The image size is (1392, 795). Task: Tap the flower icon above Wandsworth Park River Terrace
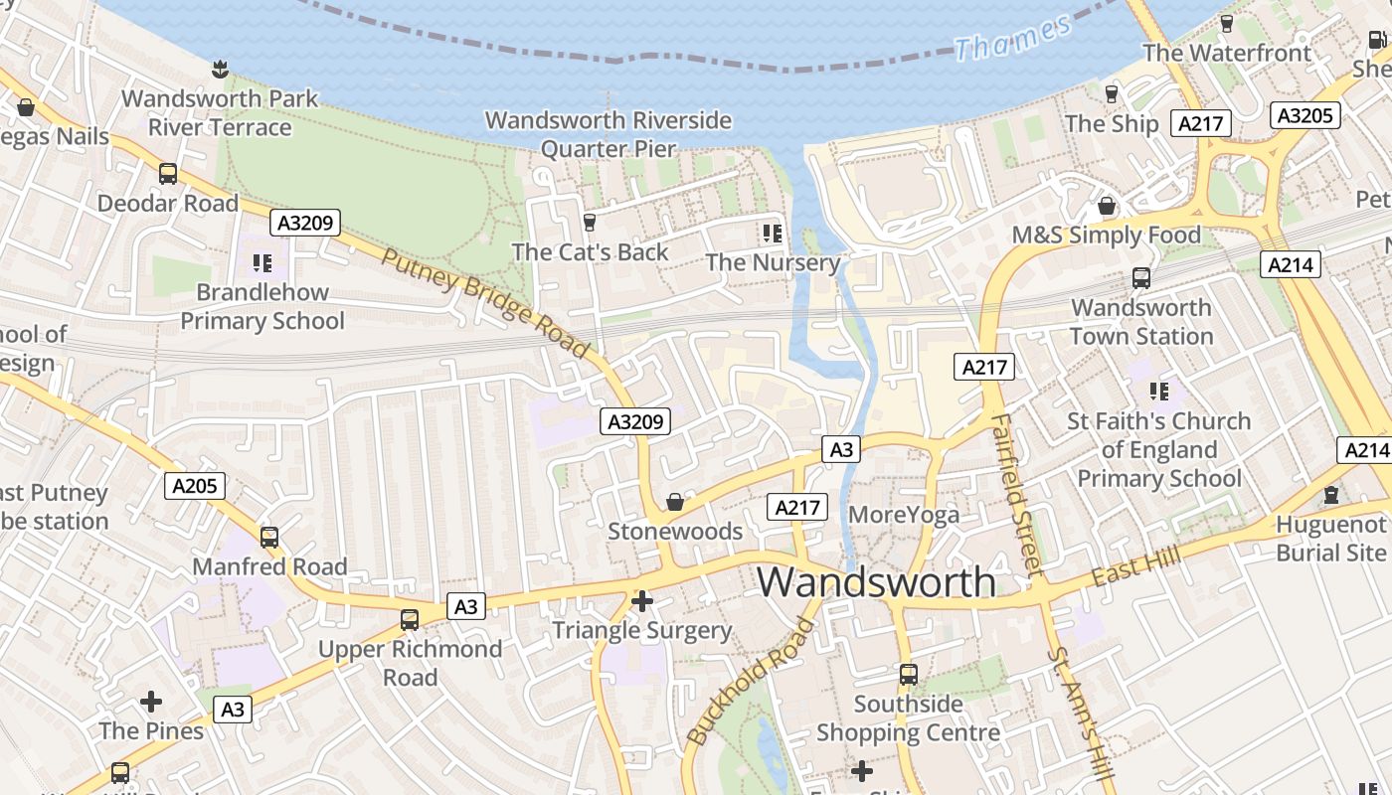click(220, 69)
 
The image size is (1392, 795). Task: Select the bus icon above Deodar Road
click(168, 174)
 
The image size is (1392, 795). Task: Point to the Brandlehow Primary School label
click(262, 306)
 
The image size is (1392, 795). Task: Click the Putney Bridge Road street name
click(485, 302)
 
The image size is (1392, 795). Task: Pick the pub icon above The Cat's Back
click(590, 222)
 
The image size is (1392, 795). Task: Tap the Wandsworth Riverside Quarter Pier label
click(609, 134)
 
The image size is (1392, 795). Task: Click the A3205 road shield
click(1305, 115)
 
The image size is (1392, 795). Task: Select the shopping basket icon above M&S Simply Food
click(1106, 207)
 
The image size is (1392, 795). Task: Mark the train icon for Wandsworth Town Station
click(1141, 278)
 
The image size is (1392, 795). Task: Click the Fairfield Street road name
click(1019, 494)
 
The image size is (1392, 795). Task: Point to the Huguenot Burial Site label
click(1331, 538)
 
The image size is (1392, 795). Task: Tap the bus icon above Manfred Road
click(269, 538)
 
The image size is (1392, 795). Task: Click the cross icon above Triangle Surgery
click(642, 601)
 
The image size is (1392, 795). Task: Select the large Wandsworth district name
click(876, 581)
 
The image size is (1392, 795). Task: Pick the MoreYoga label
click(904, 514)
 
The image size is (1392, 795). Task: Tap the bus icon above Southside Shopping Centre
click(908, 675)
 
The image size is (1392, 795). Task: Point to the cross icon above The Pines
click(151, 702)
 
